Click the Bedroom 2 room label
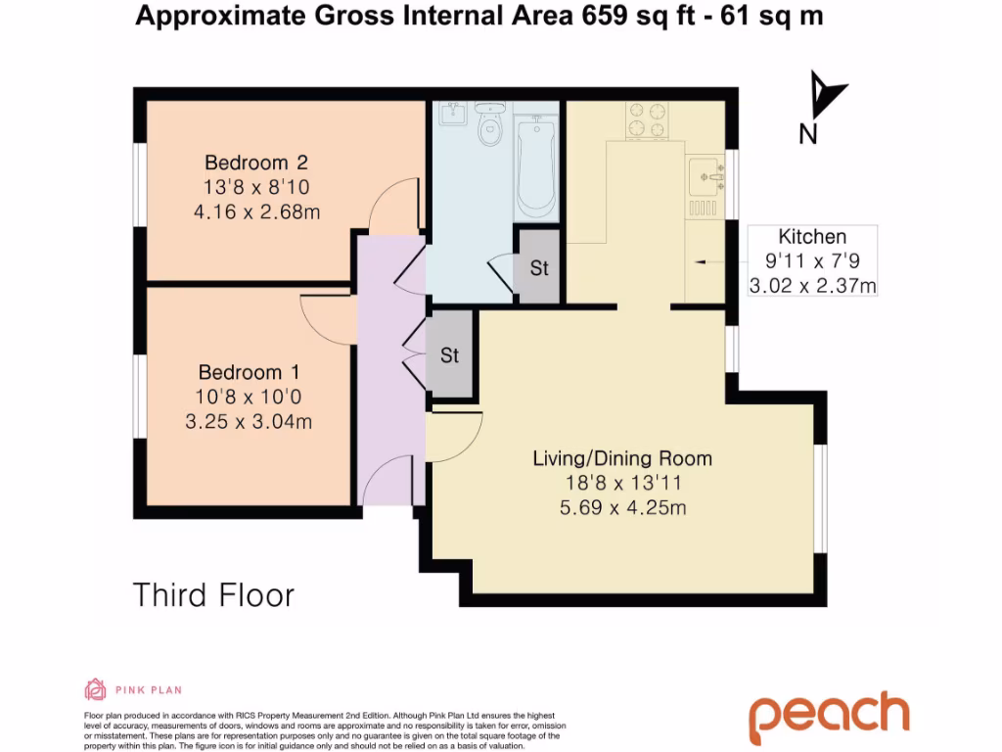262,163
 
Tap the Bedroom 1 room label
249,373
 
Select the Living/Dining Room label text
621,458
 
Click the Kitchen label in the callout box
811,237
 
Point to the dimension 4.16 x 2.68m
262,211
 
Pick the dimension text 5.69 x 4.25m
621,507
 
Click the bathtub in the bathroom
535,166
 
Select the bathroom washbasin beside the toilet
453,116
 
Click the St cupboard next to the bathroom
538,267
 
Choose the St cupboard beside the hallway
449,355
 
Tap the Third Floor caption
213,594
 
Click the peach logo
829,717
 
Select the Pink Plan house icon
96,690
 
